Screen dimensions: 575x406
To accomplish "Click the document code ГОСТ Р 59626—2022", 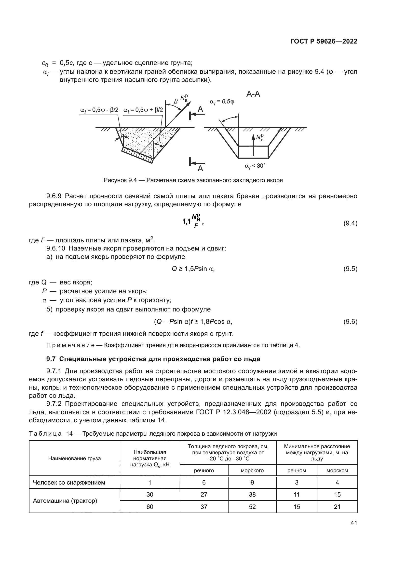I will coord(324,42).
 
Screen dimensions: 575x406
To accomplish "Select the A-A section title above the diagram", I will coord(253,94).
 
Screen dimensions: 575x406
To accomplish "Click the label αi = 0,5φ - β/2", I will coord(99,110).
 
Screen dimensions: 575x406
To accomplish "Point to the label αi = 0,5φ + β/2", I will coord(143,110).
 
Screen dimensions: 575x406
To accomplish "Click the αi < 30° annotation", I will coord(255,166).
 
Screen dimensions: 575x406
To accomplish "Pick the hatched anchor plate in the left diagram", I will coord(137,155).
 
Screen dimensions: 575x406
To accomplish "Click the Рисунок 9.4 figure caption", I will coord(193,180).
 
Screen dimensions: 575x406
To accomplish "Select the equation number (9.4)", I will coord(350,223).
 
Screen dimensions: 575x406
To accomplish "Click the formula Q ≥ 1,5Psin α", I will coord(193,269).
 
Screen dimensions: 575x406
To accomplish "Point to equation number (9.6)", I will coord(350,322).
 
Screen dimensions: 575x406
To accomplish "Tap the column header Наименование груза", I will coord(75,458).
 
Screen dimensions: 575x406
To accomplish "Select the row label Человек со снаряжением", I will coord(69,483).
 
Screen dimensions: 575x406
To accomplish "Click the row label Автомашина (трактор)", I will coord(65,501).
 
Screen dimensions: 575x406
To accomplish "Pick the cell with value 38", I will coord(252,495).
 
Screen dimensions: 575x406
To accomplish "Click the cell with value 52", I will coord(252,507).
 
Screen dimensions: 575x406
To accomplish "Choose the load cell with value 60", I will coord(150,507).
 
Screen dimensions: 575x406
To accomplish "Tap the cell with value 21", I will coord(337,507).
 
